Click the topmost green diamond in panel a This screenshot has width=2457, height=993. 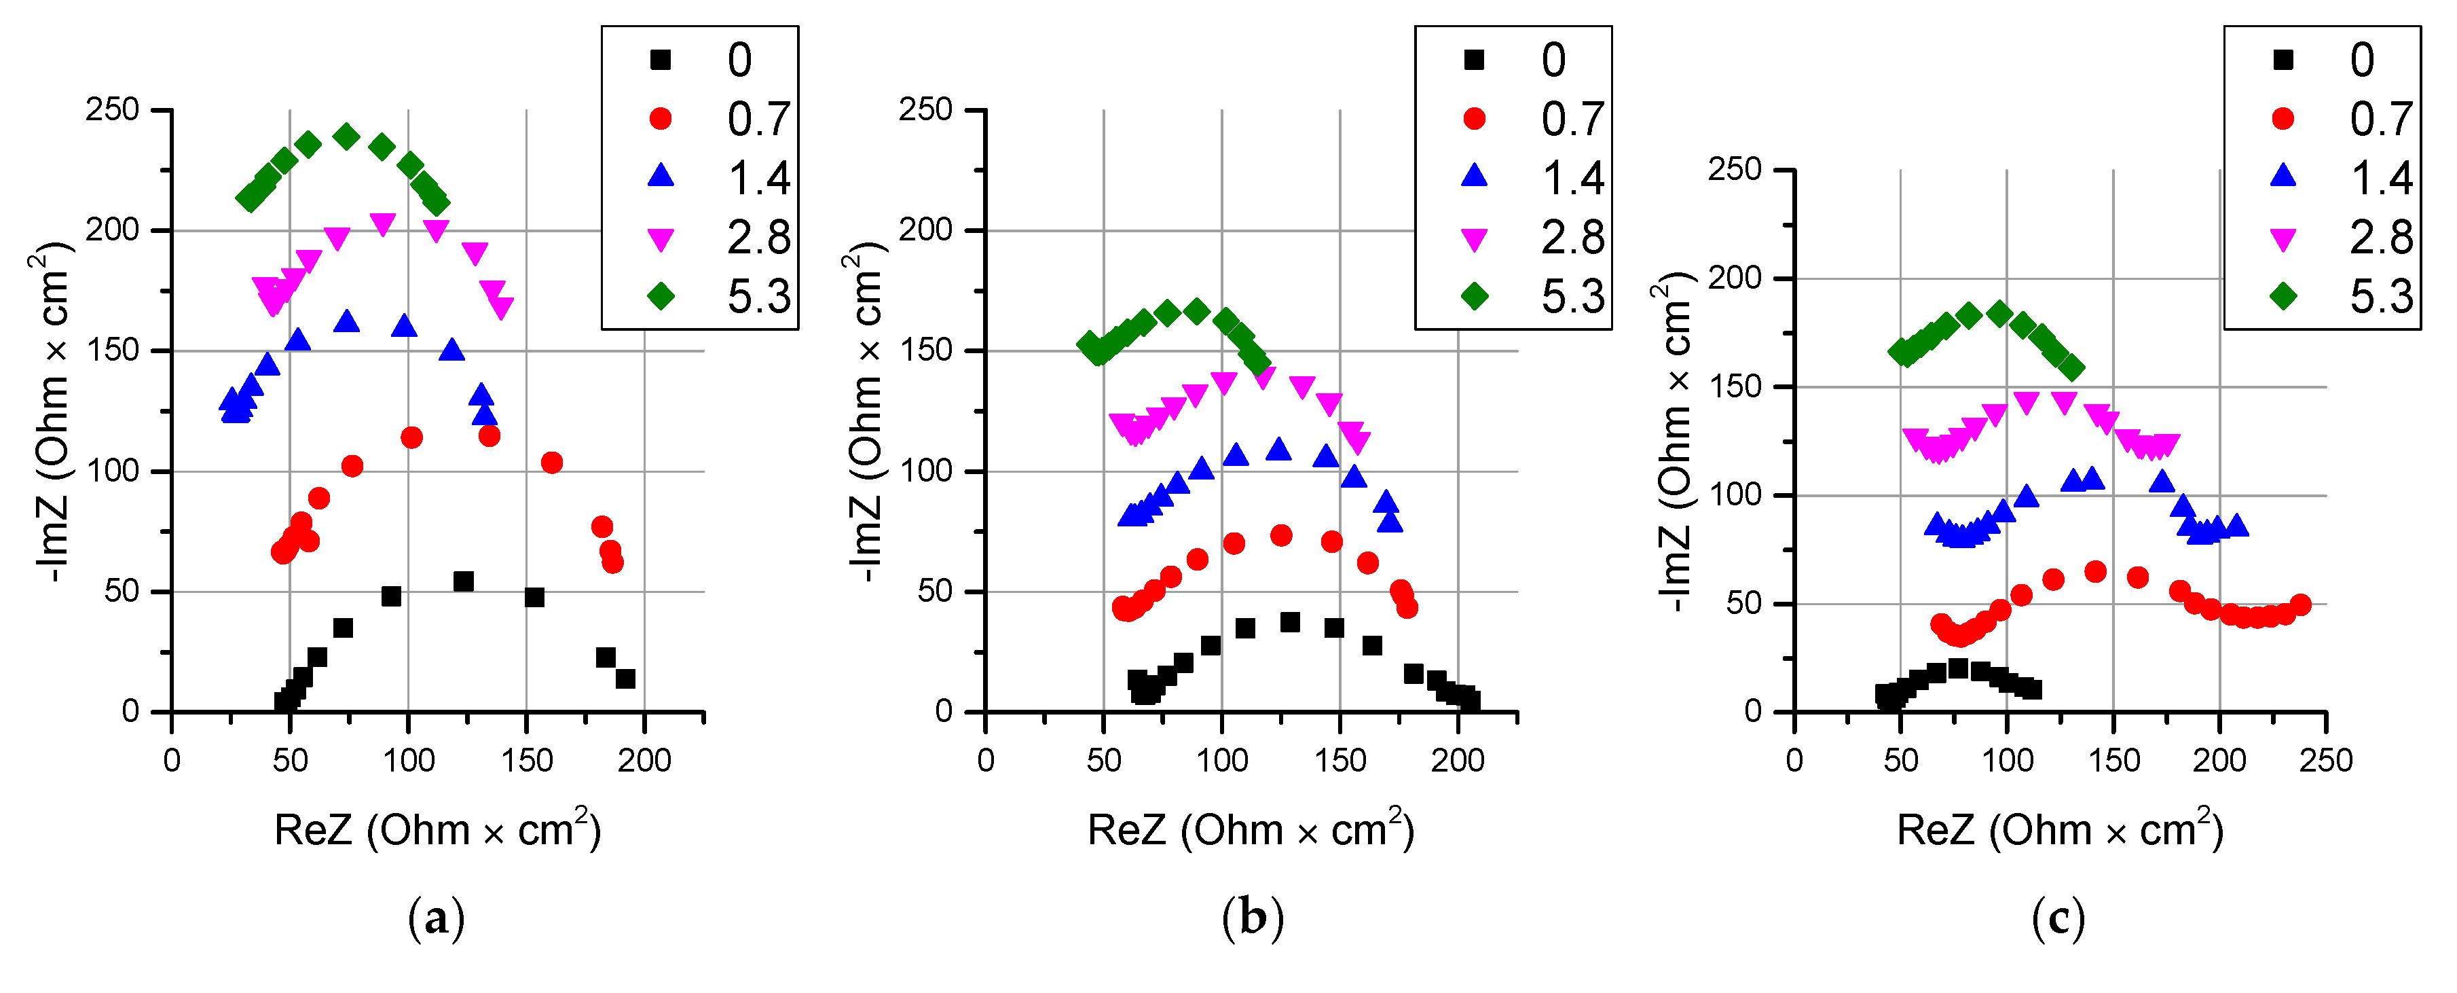coord(346,137)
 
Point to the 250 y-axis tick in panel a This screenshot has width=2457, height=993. coord(113,110)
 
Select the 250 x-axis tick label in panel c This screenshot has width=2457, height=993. coord(2325,760)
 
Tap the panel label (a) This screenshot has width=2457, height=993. coord(436,918)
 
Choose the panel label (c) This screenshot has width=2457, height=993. coord(2058,918)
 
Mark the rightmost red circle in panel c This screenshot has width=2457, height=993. coord(2299,604)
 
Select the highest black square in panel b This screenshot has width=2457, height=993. coord(1289,622)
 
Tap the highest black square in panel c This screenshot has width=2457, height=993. coord(1958,668)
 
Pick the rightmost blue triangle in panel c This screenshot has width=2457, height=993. coord(2236,526)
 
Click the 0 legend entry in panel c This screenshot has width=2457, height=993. coord(2342,60)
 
